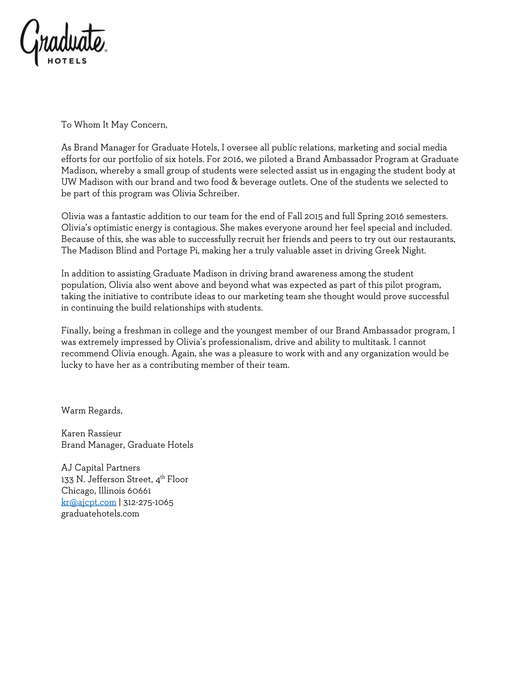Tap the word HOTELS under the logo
(x=67, y=61)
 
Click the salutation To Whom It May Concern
(x=114, y=124)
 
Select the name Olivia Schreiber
(x=205, y=193)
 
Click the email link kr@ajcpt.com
(x=89, y=502)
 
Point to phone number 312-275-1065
(x=148, y=502)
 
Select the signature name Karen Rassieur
(x=91, y=433)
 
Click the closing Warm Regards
(x=91, y=410)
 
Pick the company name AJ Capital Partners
(x=101, y=468)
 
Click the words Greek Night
(x=400, y=250)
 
